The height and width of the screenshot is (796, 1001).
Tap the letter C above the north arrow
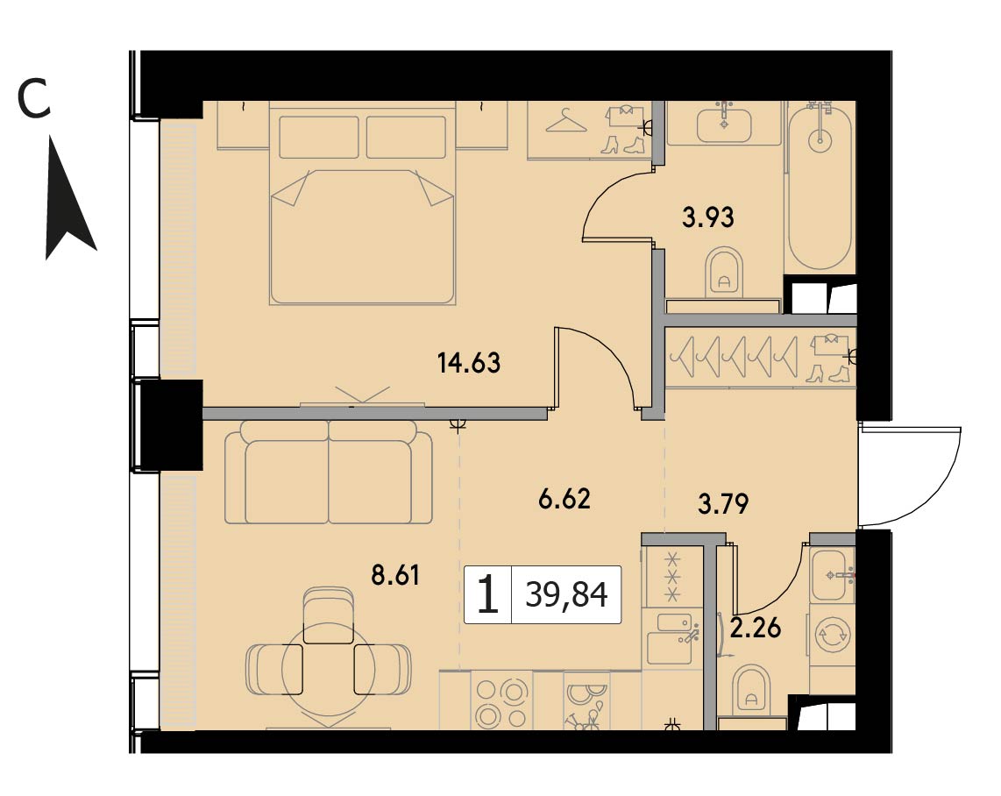click(34, 100)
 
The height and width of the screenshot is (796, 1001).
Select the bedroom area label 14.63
click(469, 363)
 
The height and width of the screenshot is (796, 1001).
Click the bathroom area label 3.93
click(708, 217)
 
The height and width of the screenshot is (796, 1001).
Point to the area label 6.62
click(564, 499)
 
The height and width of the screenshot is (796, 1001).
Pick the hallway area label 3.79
click(722, 504)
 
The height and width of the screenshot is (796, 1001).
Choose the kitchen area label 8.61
click(395, 575)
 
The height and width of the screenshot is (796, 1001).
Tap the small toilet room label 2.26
click(756, 628)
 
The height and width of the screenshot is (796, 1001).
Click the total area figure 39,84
click(566, 595)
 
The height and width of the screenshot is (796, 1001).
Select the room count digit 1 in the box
click(487, 594)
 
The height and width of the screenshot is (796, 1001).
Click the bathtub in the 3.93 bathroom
click(820, 186)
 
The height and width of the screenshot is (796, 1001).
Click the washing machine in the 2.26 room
click(833, 636)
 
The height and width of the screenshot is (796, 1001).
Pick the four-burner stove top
click(501, 701)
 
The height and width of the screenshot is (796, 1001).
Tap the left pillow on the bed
click(318, 137)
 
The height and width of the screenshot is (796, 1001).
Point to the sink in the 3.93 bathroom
click(724, 124)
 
